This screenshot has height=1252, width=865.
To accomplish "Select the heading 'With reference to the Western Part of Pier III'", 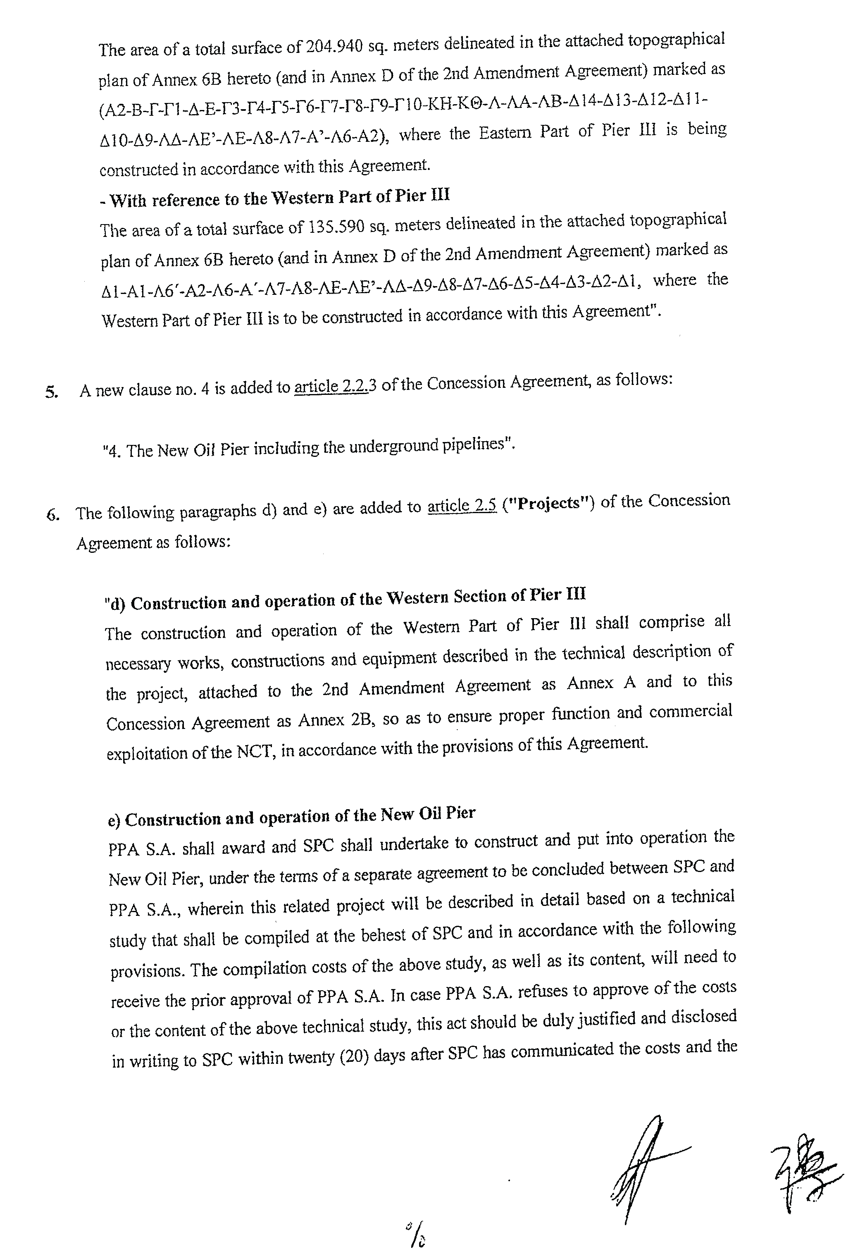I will point(274,198).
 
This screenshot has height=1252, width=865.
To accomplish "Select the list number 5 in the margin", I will point(52,392).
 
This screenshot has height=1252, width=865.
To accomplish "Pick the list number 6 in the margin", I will point(52,515).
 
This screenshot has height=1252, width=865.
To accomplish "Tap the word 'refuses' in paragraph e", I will point(543,992).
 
